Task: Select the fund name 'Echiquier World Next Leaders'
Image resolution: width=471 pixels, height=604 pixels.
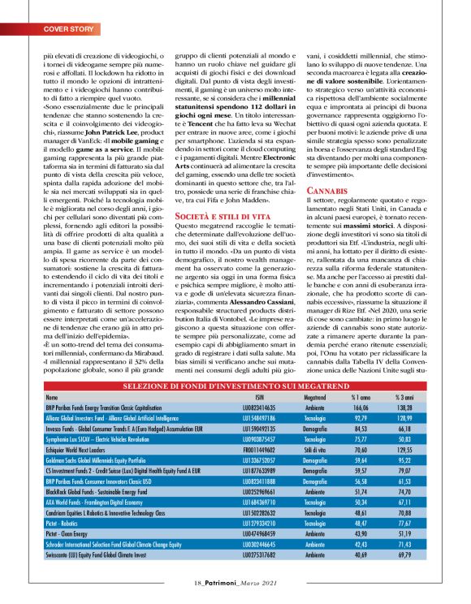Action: coord(81,447)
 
